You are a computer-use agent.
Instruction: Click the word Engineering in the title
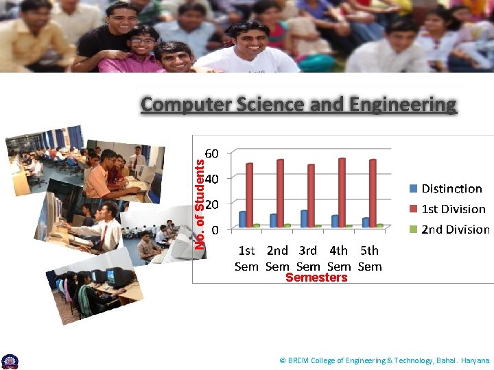(x=403, y=105)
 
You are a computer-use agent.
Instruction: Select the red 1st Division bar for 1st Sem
(x=250, y=195)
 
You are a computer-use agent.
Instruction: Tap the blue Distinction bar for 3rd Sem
(x=304, y=218)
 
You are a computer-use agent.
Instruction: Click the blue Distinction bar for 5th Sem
(x=366, y=222)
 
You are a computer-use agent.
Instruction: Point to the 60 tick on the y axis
(x=213, y=153)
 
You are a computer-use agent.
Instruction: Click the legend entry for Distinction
(x=451, y=188)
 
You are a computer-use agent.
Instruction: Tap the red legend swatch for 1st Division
(x=414, y=209)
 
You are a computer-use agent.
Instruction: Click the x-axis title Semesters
(x=316, y=277)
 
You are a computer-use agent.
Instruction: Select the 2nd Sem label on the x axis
(x=277, y=258)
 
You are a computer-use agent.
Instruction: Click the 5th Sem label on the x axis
(x=370, y=258)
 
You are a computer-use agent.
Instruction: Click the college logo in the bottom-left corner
(x=10, y=361)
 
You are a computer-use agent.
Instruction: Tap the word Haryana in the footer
(x=475, y=360)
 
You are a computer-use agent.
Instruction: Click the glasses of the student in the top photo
(x=143, y=41)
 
